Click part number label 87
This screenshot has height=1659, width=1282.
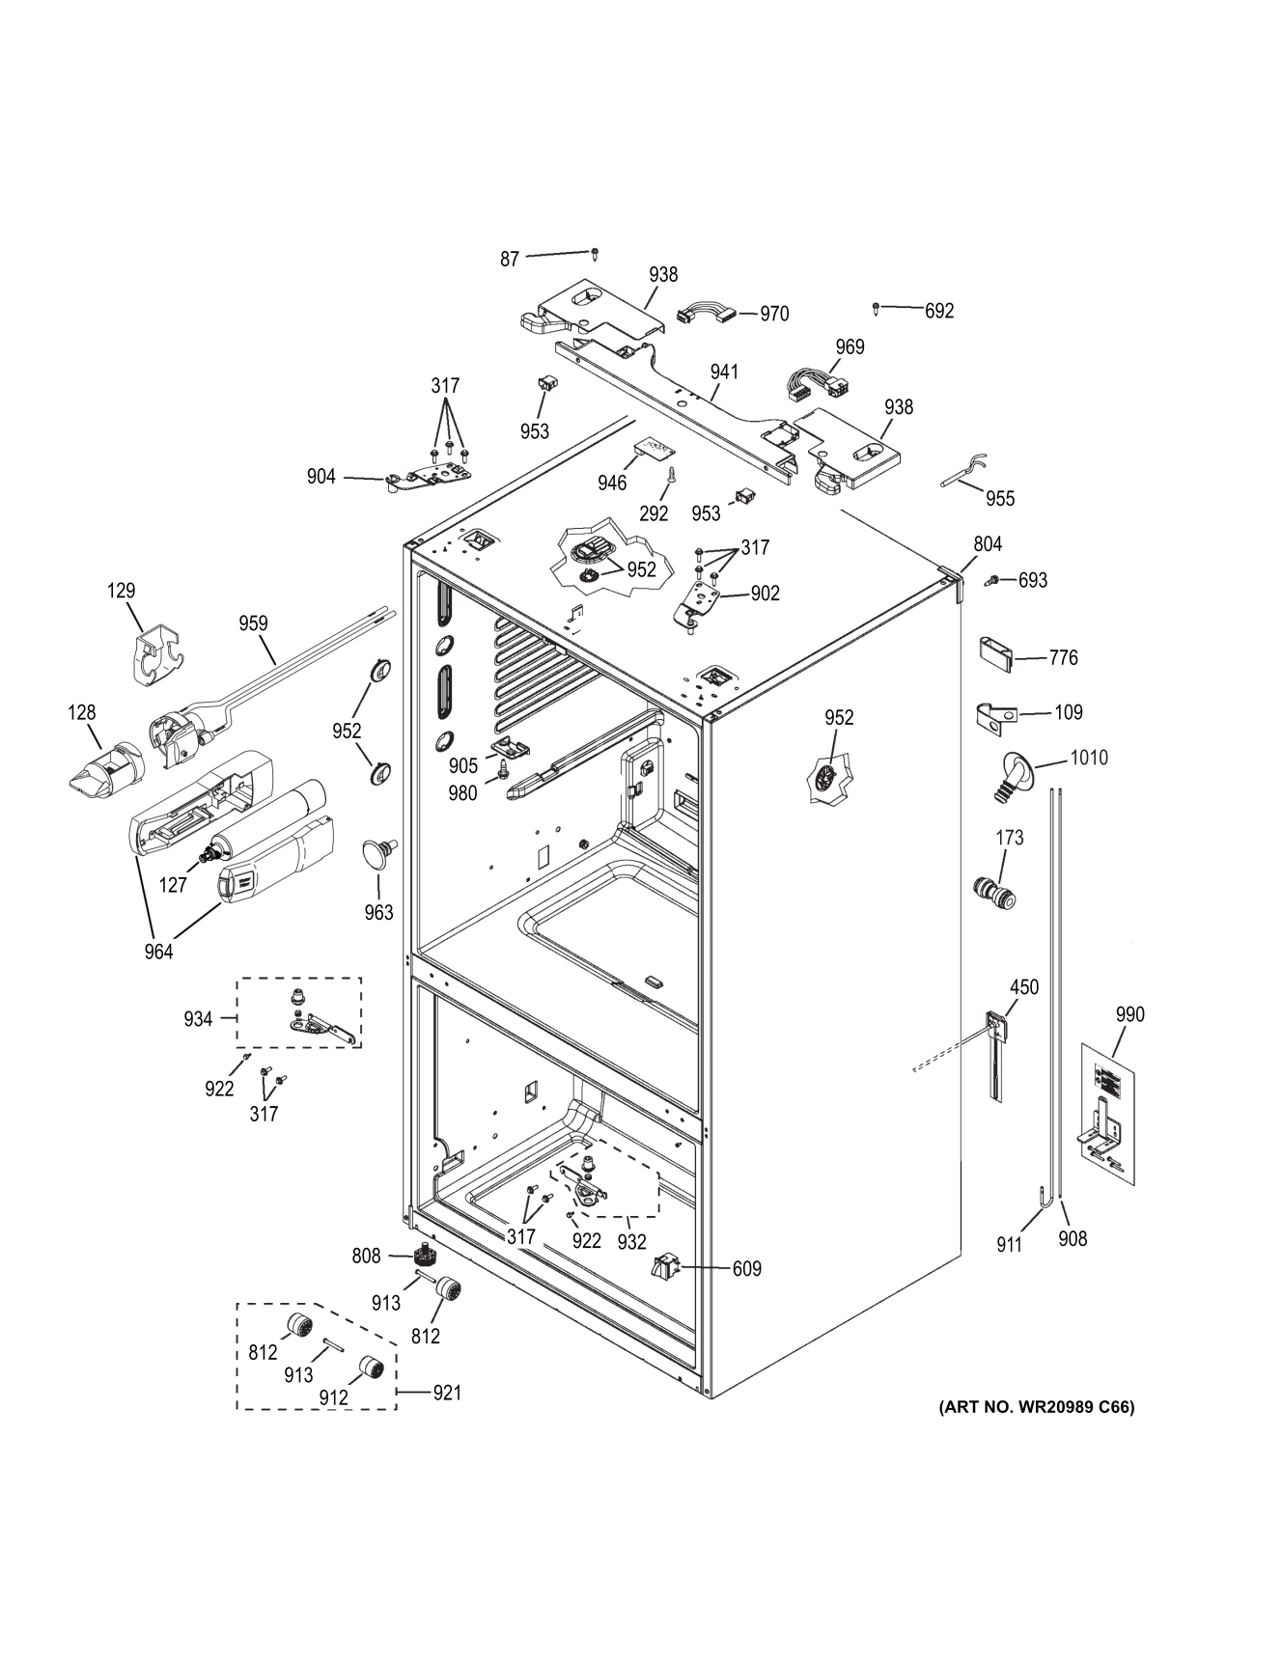pos(510,259)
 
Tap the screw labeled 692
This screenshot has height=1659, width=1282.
pos(876,309)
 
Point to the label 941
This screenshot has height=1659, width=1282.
pos(723,372)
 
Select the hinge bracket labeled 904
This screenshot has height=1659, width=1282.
pos(425,478)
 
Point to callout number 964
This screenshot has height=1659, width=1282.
pos(158,952)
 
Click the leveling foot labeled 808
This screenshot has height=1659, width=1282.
pos(422,1257)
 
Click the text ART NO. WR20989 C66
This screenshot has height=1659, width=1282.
pos(1036,1407)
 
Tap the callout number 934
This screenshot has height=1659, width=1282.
pos(198,1018)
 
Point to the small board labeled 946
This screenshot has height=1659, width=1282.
pos(656,447)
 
